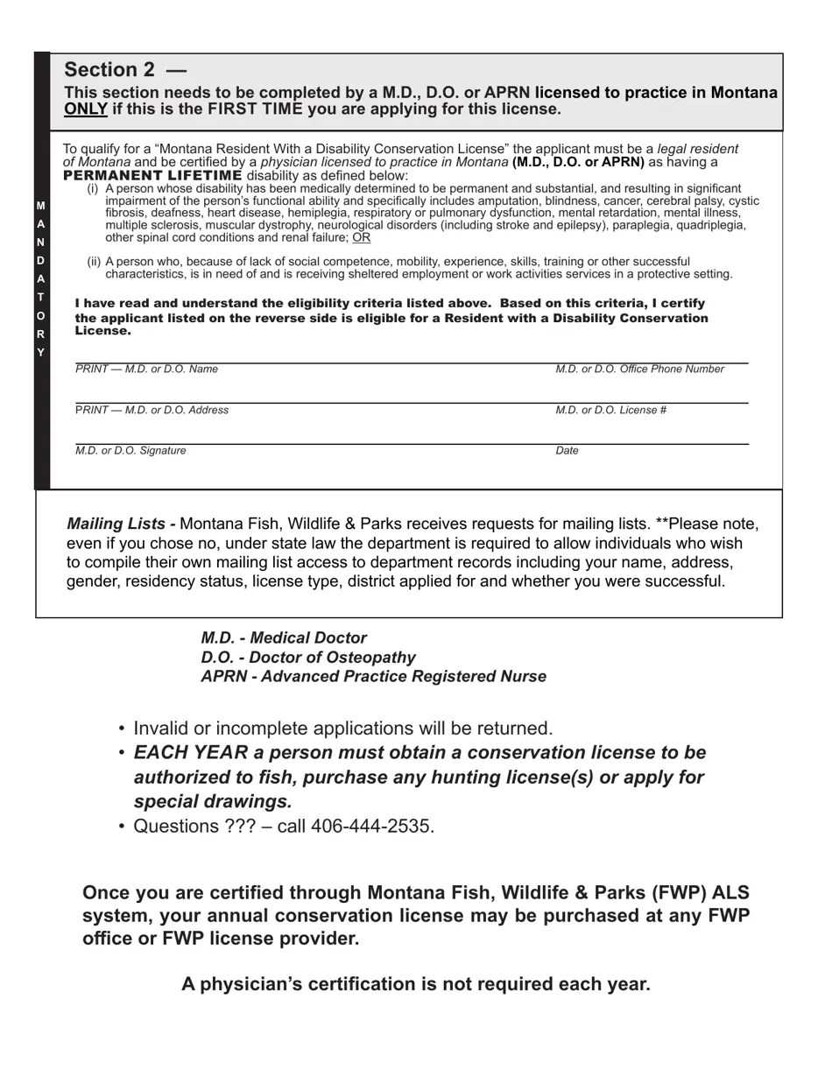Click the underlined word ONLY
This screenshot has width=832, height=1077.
tap(85, 109)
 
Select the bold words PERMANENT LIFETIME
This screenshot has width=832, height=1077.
tap(152, 175)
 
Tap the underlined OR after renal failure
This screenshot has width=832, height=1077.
tap(361, 237)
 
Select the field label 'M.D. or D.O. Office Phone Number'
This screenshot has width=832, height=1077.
tap(639, 370)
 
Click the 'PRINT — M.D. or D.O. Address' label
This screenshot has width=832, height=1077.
tap(152, 410)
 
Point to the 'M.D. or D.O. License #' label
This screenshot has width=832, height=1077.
tap(610, 410)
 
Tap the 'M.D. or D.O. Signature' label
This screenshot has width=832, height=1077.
tap(130, 451)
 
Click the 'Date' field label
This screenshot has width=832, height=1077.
tap(567, 451)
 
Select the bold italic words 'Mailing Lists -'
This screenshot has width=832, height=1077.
tap(121, 524)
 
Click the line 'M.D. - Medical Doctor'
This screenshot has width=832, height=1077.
tap(284, 638)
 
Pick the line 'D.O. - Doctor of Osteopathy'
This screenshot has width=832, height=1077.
tap(308, 658)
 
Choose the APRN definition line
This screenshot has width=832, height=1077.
tap(373, 677)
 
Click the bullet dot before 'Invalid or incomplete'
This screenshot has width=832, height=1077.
tap(122, 729)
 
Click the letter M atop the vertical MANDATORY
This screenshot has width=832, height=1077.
tap(40, 206)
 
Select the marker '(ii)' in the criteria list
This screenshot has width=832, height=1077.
tap(94, 262)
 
